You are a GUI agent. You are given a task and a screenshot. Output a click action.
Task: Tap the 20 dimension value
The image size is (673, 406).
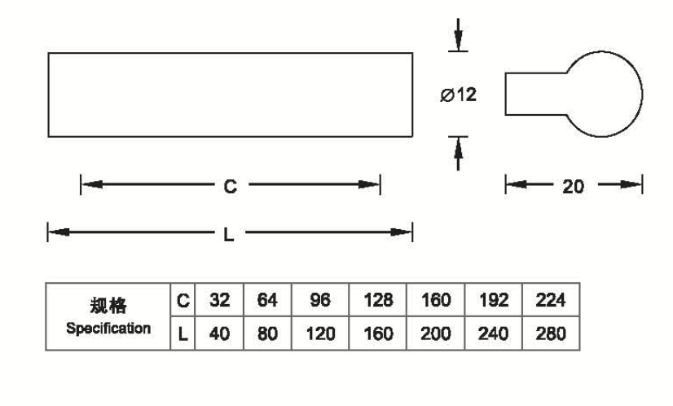pyautogui.click(x=574, y=186)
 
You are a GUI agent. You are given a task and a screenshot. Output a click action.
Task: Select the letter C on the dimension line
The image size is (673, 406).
pyautogui.click(x=230, y=187)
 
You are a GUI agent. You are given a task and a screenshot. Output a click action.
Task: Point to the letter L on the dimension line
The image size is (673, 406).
pyautogui.click(x=229, y=234)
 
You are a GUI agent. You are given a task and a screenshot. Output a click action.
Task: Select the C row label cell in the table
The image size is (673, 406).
pyautogui.click(x=183, y=302)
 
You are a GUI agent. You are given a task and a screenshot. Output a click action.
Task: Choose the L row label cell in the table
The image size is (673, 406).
pyautogui.click(x=183, y=333)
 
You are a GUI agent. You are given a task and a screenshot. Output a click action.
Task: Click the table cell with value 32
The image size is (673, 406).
pyautogui.click(x=219, y=302)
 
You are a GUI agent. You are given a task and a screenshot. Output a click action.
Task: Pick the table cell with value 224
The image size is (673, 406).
pyautogui.click(x=552, y=302)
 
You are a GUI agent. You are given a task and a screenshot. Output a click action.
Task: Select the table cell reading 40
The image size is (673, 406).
pyautogui.click(x=219, y=333)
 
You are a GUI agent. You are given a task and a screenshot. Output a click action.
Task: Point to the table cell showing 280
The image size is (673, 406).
pyautogui.click(x=552, y=333)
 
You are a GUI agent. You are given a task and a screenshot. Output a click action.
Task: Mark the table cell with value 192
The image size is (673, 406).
pyautogui.click(x=493, y=302)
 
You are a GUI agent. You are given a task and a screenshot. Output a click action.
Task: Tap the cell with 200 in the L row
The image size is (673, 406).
pyautogui.click(x=435, y=333)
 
